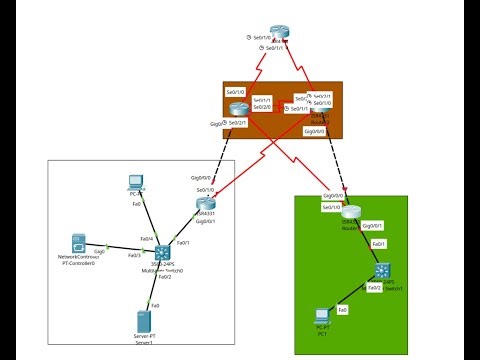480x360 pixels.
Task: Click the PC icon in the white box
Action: point(136,183)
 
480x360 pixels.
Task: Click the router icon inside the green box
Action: point(349,213)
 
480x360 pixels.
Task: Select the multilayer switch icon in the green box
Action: point(384,271)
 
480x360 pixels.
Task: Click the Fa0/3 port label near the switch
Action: point(134,255)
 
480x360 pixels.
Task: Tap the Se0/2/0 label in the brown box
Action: point(262,107)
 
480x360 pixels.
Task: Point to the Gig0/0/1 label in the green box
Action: point(371,226)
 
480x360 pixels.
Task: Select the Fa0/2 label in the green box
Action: point(373,288)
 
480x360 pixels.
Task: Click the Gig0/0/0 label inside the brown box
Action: point(314,131)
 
